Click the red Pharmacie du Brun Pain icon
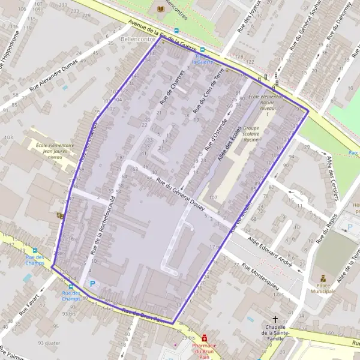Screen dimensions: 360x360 tap(205, 338)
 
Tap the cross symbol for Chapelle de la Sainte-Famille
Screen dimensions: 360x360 tap(275, 320)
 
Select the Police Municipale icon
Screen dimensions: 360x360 tap(323, 279)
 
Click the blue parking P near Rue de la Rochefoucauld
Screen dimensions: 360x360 tap(92, 284)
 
